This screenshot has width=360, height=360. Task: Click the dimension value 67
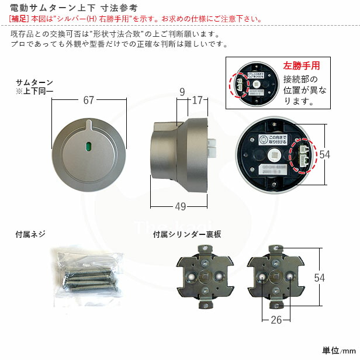click(x=88, y=100)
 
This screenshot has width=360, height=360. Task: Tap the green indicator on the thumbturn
click(x=89, y=146)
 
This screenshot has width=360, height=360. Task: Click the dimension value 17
click(x=196, y=100)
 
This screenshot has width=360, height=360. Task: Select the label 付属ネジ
click(x=30, y=235)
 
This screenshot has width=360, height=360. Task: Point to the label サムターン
click(x=34, y=82)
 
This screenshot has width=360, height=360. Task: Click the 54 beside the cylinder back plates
click(x=319, y=278)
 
